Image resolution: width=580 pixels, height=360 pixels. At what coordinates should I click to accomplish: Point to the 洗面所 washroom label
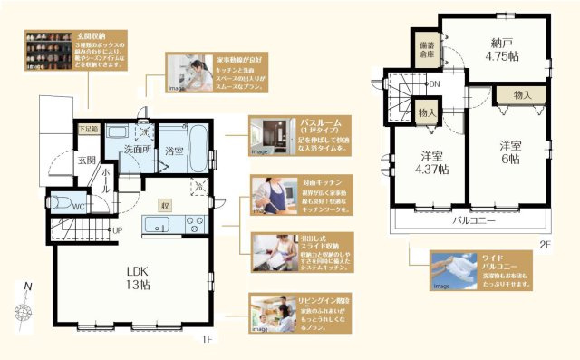137,149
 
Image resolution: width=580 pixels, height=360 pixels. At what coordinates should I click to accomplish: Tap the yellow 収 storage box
163,205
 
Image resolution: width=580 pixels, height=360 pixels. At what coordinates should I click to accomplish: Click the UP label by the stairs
117,230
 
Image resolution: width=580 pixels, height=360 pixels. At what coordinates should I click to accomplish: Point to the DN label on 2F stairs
434,84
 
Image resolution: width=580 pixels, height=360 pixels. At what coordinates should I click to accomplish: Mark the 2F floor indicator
544,244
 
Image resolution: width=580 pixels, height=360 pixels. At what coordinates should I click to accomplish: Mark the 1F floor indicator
206,339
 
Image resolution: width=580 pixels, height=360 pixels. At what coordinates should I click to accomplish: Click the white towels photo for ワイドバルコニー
453,271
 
